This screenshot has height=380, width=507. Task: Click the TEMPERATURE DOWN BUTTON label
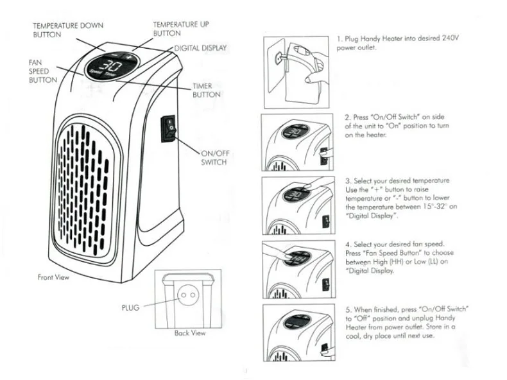click(x=67, y=30)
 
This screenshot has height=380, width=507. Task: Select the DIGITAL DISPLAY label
click(x=201, y=49)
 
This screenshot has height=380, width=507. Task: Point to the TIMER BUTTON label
click(x=207, y=91)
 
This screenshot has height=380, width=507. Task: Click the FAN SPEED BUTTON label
click(x=43, y=71)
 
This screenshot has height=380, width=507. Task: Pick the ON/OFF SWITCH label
click(x=214, y=158)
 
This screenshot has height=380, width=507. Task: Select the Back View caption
click(x=190, y=333)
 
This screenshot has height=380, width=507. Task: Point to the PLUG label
click(x=130, y=307)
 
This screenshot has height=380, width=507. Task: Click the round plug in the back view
click(x=187, y=297)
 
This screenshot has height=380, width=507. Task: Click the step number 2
click(x=348, y=118)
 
